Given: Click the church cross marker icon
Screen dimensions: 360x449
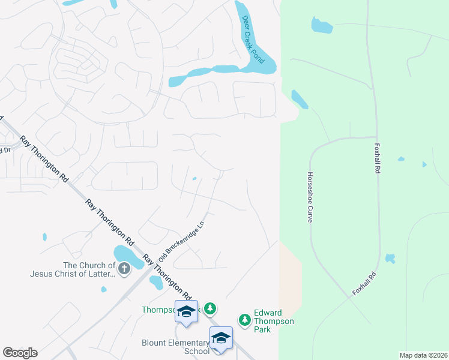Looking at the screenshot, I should click(x=124, y=268).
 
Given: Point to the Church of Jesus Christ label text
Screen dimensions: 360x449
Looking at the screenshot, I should click(x=72, y=269).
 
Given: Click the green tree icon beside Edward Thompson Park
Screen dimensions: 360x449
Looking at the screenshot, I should click(x=244, y=320).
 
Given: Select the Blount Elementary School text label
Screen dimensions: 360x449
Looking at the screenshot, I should click(x=175, y=347).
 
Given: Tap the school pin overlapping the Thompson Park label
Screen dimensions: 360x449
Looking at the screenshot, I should click(x=186, y=311).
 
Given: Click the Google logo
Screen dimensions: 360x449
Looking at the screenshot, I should click(x=20, y=353).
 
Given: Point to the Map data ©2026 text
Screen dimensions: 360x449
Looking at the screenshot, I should click(x=423, y=355).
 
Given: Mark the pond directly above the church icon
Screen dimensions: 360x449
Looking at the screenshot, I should click(x=124, y=253).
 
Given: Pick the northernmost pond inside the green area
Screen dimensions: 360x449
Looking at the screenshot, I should click(x=321, y=25).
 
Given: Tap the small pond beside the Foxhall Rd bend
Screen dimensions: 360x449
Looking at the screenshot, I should click(x=390, y=258).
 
